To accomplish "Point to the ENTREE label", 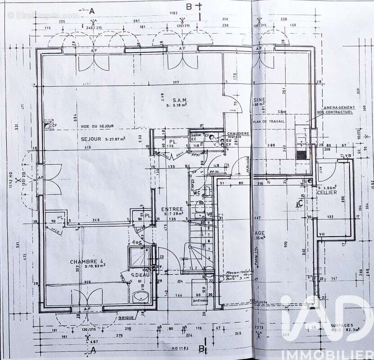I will click(172, 209).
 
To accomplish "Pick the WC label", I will click(197, 193).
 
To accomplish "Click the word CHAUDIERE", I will click(238, 134).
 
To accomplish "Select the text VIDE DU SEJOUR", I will click(97, 126).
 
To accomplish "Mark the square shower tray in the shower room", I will click(140, 256).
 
